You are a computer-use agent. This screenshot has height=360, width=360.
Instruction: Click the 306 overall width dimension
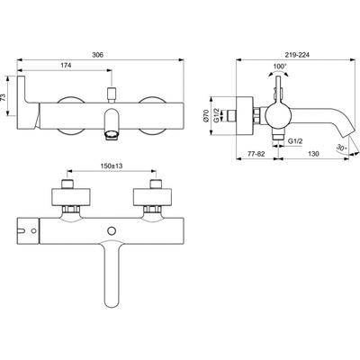(97, 55)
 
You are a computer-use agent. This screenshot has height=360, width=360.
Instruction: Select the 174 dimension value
(66, 66)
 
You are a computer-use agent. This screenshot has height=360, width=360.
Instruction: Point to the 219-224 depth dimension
(297, 55)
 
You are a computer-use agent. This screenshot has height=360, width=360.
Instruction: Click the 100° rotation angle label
(280, 66)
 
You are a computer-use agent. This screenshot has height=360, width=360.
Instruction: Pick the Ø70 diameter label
(206, 115)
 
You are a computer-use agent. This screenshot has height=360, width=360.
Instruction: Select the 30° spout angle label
(342, 148)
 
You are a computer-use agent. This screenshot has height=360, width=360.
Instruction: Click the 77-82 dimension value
(256, 154)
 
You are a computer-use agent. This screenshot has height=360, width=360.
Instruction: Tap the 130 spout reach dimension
(313, 154)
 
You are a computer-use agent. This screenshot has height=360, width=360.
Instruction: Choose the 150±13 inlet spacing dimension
(112, 166)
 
